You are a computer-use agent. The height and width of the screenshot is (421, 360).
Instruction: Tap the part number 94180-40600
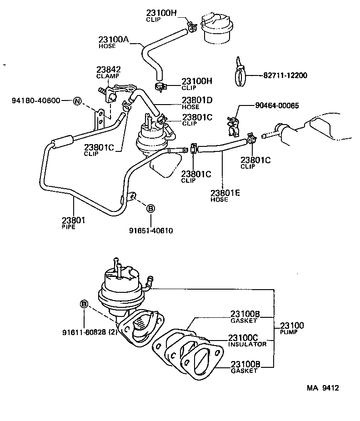(x=36, y=100)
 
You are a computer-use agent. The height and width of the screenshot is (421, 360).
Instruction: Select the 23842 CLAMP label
(x=108, y=72)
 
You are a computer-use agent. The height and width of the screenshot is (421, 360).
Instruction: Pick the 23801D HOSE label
(x=197, y=103)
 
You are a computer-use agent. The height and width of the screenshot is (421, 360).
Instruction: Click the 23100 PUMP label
(x=292, y=328)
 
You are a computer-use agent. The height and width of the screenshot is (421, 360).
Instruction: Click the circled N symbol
(x=77, y=101)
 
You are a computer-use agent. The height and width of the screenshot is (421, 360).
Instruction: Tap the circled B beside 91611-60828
(x=84, y=303)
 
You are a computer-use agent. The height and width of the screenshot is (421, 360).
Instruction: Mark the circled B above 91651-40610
(x=150, y=208)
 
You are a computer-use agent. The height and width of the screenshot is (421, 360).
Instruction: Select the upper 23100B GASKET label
(x=245, y=316)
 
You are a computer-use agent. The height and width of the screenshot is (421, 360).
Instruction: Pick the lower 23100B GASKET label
(x=245, y=367)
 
